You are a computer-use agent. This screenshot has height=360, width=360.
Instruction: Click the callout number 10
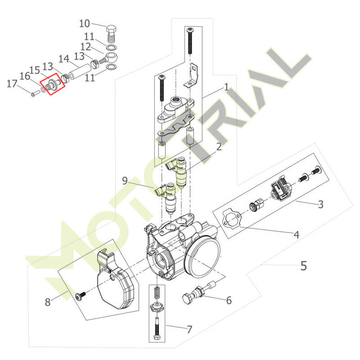(84, 23)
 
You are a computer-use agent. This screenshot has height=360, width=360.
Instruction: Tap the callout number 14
(64, 59)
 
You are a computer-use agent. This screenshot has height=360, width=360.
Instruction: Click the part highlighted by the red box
(53, 84)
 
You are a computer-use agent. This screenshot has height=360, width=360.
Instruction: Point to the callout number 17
(12, 84)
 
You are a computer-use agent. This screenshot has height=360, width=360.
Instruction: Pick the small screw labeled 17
(36, 94)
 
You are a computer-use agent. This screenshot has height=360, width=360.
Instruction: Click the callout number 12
(85, 47)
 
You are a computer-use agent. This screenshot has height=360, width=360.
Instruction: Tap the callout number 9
(125, 181)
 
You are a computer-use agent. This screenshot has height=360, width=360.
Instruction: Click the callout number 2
(219, 147)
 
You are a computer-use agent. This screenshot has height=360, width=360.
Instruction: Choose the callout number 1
(226, 87)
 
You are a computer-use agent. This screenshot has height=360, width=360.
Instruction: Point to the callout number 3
(321, 204)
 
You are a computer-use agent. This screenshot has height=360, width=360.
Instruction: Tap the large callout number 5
(303, 266)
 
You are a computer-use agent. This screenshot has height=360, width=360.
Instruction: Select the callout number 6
(229, 300)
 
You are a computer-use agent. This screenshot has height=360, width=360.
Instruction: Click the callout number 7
(189, 329)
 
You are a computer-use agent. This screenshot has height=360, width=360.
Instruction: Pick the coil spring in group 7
(157, 292)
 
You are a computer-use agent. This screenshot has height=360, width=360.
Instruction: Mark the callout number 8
(48, 302)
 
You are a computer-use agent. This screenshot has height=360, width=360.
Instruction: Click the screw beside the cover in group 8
(81, 296)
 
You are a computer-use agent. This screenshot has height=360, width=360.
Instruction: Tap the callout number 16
(25, 76)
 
